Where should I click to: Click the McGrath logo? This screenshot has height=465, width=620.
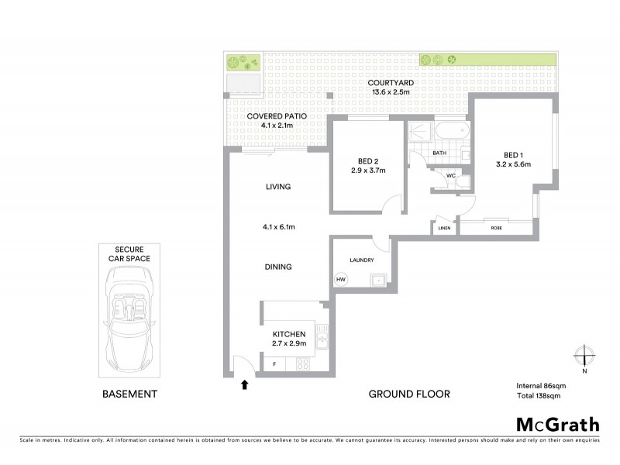(x=557, y=424)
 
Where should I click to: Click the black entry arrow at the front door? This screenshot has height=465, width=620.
(x=246, y=383)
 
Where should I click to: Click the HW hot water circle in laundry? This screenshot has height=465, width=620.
(x=340, y=280)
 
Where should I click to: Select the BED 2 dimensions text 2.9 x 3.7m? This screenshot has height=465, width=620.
(x=368, y=170)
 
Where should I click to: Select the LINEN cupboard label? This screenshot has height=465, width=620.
(x=443, y=229)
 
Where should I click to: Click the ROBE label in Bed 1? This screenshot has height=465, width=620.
(x=496, y=229)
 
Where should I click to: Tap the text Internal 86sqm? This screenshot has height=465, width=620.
(x=541, y=384)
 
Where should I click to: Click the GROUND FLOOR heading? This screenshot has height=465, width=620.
(x=408, y=394)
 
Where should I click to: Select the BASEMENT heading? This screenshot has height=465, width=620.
(x=129, y=394)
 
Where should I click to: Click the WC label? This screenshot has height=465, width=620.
(x=449, y=176)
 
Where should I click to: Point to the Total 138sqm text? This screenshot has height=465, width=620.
(x=538, y=395)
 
